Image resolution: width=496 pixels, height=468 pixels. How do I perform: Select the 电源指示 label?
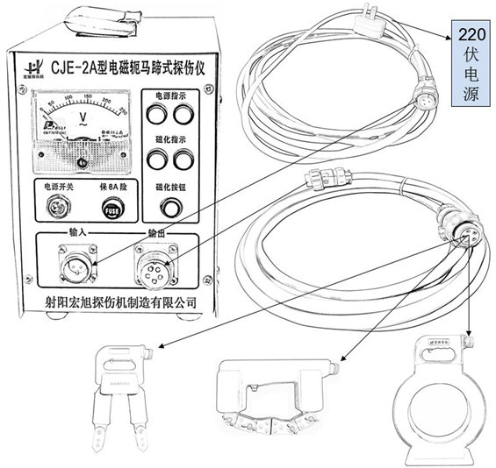[170, 95]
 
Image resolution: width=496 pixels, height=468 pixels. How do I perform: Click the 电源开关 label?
[54, 188]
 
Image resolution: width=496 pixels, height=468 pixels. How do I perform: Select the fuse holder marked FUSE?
[110, 211]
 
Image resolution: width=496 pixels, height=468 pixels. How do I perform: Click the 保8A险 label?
[110, 188]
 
